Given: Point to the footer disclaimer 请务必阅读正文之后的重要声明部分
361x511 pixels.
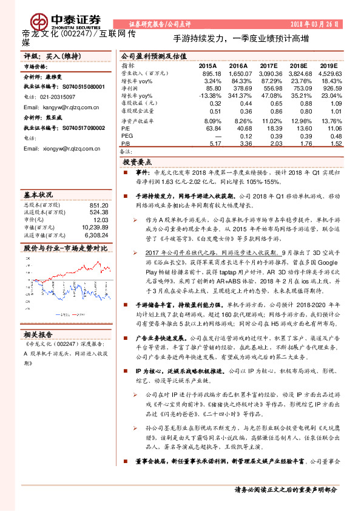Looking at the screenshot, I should click(x=286, y=490).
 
